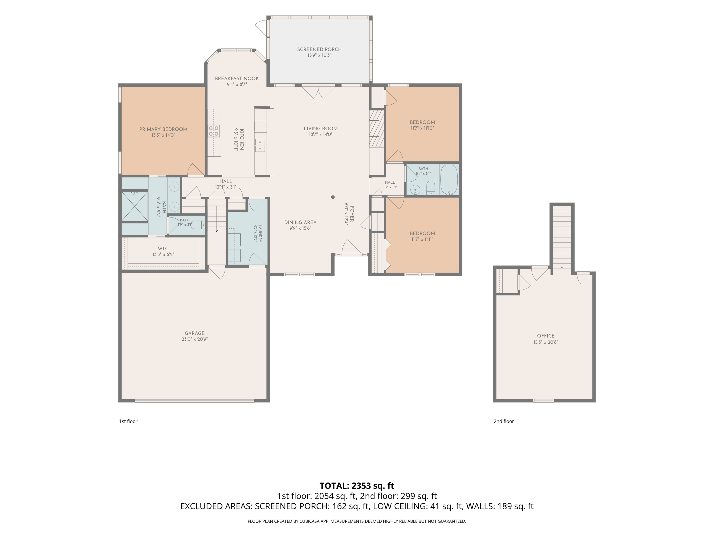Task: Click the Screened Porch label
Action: [319, 50]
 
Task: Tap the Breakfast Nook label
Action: [237, 79]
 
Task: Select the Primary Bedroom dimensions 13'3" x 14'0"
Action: [163, 135]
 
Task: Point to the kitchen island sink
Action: [260, 145]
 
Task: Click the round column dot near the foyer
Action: [333, 197]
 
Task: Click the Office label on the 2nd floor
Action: [546, 336]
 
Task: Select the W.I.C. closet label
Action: [163, 248]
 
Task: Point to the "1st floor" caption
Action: [129, 421]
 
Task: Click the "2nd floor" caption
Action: [504, 421]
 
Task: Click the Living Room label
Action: [321, 129]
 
